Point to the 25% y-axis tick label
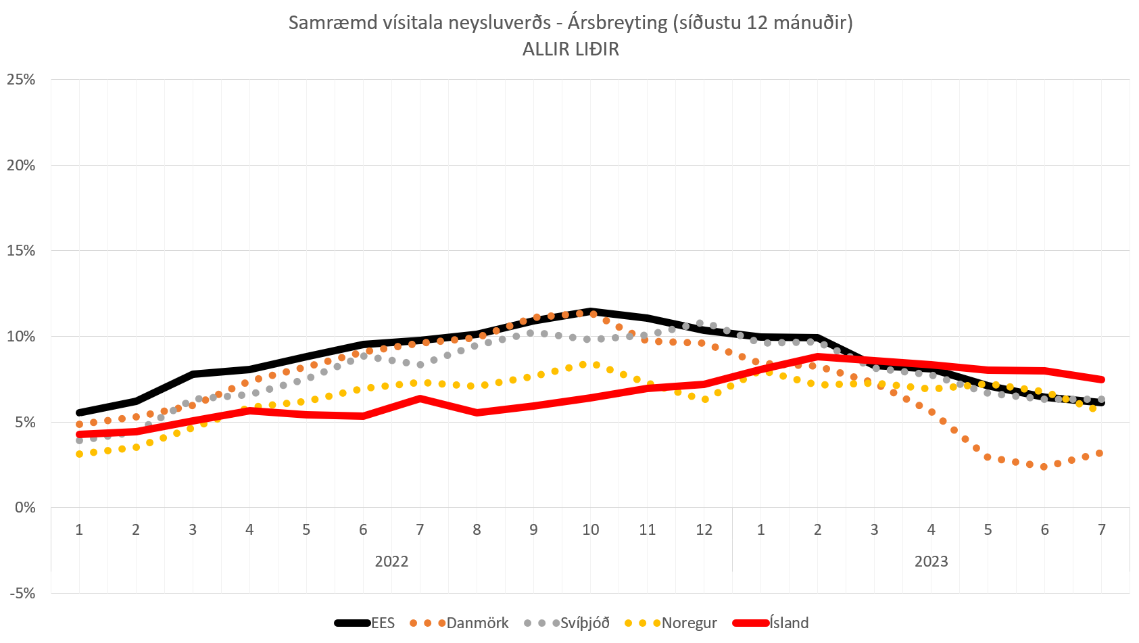pos(21,80)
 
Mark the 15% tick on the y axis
pos(21,251)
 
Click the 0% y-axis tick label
pos(24,508)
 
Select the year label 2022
pos(391,561)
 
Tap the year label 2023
pos(931,561)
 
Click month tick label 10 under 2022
pos(590,529)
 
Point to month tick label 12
pos(704,529)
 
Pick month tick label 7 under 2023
pos(1101,529)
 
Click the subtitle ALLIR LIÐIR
pos(571,49)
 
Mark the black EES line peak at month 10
pos(591,312)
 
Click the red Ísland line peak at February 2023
pos(818,356)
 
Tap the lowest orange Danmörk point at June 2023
pos(1044,467)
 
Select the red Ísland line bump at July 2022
pos(420,398)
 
